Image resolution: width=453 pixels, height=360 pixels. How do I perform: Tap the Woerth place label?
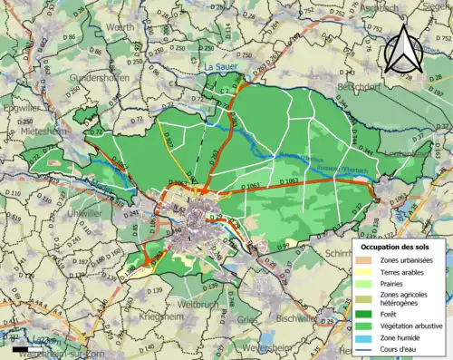click(120, 28)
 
